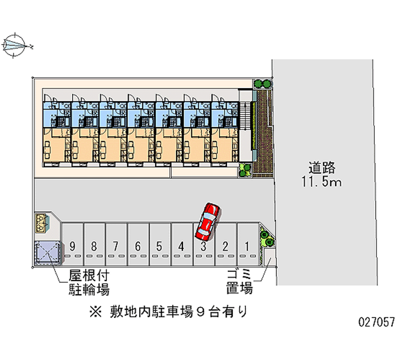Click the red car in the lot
point(208,220)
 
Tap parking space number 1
point(247,246)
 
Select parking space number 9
point(73,246)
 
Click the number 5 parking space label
point(159,246)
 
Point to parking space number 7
point(116,246)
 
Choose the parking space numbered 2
point(225,246)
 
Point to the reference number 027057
point(375,322)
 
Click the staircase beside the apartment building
point(246,124)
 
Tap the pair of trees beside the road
point(263,84)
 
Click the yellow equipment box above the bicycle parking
point(42,222)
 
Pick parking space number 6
point(138,246)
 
